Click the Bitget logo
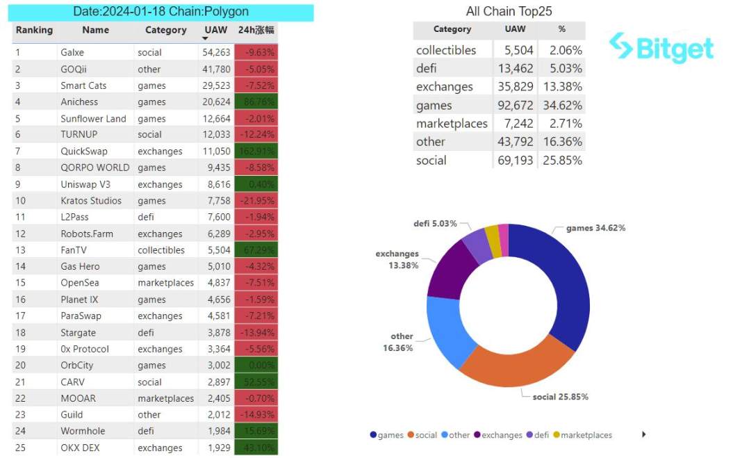click(661, 49)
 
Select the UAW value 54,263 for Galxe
click(216, 52)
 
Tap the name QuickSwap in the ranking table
click(84, 151)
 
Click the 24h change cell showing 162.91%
click(256, 151)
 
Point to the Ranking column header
click(34, 30)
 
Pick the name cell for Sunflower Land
click(93, 118)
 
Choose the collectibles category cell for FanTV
click(161, 250)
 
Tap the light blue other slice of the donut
click(443, 330)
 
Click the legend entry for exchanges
click(498, 435)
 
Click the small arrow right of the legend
click(643, 434)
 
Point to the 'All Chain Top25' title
click(509, 11)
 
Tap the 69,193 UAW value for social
click(515, 161)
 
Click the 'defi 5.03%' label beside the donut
click(435, 223)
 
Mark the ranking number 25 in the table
click(20, 448)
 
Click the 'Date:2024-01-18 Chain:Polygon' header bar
click(161, 12)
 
